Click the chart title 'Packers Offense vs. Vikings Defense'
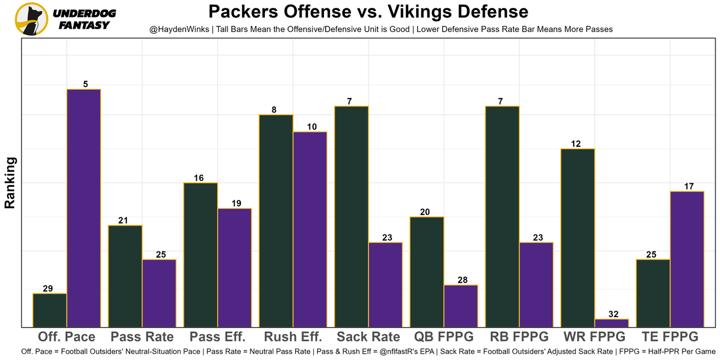[x=368, y=12]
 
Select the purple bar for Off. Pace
[x=84, y=208]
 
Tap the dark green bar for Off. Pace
[x=50, y=310]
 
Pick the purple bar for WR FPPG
[x=611, y=323]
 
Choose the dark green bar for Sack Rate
[x=352, y=216]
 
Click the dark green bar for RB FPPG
[x=502, y=216]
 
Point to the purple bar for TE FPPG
[x=687, y=259]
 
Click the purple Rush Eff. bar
[x=310, y=229]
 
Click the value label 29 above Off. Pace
[x=48, y=289]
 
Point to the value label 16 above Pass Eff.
[x=199, y=178]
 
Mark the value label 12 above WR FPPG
[x=575, y=144]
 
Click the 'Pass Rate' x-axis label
[x=142, y=337]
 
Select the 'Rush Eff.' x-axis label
[x=293, y=337]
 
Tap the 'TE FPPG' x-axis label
[x=670, y=337]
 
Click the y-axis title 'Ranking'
[x=10, y=183]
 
